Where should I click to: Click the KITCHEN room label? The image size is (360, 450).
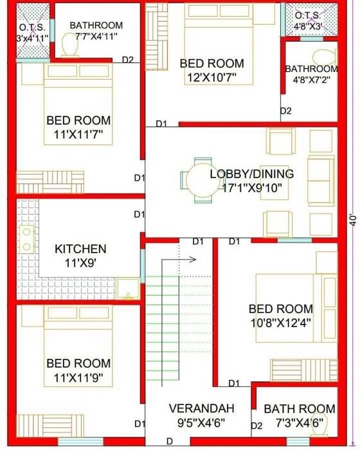point(80,249)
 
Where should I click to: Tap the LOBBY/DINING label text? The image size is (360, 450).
point(252,174)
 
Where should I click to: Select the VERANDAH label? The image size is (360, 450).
point(201,408)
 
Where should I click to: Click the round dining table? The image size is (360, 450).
point(203,180)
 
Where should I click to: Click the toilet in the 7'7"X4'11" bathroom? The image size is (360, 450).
point(70,45)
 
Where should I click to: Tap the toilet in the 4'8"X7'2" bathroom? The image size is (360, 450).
point(325,57)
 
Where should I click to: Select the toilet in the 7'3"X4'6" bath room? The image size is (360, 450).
point(320,425)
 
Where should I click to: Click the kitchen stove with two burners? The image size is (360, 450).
point(27,239)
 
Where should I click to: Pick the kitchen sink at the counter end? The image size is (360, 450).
point(128,288)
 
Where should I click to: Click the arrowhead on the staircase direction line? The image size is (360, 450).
point(193,260)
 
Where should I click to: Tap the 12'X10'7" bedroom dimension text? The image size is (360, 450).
point(212,78)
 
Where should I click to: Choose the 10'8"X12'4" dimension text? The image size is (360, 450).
point(281,323)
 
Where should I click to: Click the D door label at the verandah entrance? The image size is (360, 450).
point(170,442)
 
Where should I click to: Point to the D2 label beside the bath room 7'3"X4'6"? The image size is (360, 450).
point(256,426)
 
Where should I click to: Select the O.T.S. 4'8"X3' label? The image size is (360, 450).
point(307,21)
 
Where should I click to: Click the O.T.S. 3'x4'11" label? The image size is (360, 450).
point(32,33)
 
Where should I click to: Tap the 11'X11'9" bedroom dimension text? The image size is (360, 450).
point(78,378)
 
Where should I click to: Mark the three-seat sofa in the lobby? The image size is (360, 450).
point(321,181)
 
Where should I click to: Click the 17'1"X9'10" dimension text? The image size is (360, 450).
point(252,188)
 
